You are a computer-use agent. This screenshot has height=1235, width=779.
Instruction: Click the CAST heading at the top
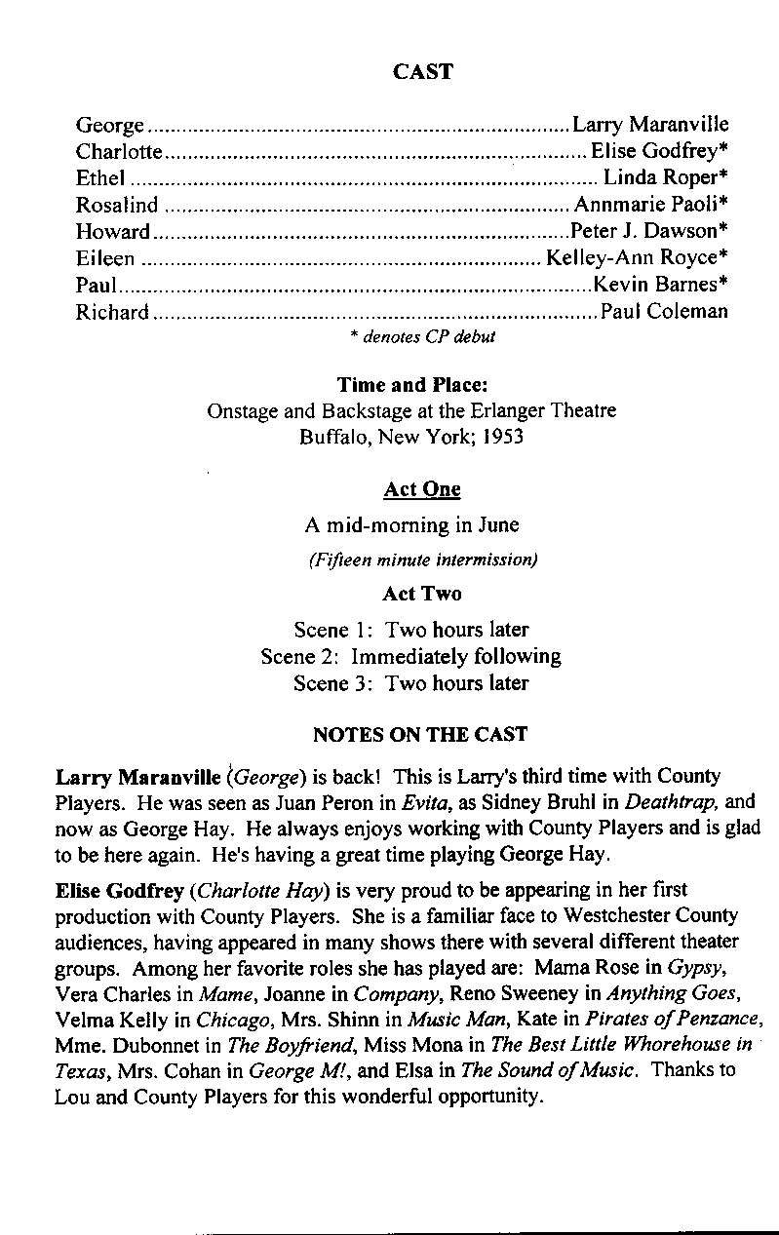pos(422,71)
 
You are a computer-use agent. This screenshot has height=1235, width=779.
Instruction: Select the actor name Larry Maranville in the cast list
pos(650,125)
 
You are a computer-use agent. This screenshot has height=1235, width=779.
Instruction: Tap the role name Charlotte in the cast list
pos(119,151)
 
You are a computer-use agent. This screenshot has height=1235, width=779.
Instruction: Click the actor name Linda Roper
pos(666,177)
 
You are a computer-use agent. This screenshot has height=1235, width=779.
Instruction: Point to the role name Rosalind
pos(116,205)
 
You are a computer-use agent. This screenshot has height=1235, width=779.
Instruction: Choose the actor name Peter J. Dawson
pos(648,231)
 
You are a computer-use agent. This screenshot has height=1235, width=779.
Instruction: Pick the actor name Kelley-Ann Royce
pos(638,258)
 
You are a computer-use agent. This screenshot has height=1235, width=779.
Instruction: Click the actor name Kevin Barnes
pos(660,285)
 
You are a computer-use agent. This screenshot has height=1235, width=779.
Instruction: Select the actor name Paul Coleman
pos(664,312)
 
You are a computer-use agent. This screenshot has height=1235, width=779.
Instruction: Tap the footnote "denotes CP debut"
pos(422,336)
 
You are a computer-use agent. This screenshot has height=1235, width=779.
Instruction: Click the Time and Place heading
pos(411,385)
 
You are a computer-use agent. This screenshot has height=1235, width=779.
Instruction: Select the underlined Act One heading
pos(422,489)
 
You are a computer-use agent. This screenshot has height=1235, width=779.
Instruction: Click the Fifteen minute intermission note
pos(423,560)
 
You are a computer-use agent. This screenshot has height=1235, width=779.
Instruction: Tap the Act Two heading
pos(422,594)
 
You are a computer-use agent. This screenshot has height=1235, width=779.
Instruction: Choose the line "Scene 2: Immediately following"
pos(410,656)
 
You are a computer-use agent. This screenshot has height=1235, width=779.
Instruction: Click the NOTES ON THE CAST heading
pos(420,734)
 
